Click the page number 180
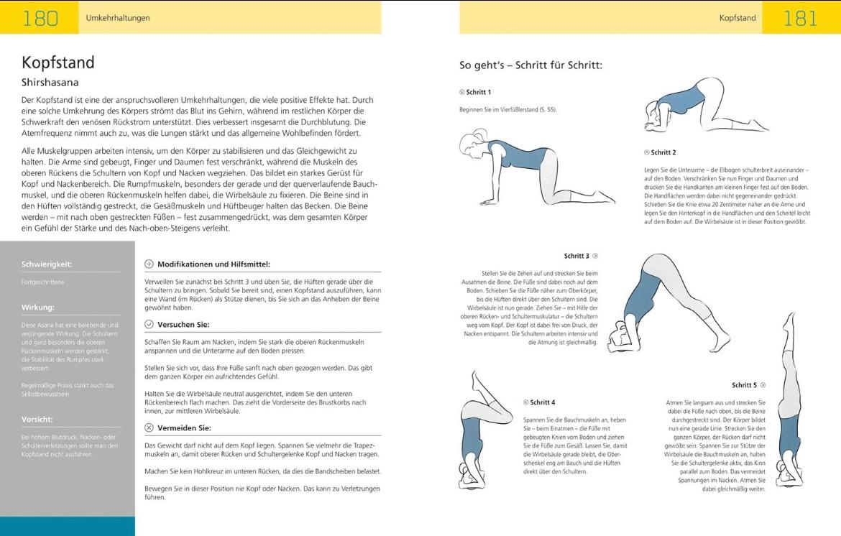pyautogui.click(x=40, y=17)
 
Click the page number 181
pyautogui.click(x=800, y=18)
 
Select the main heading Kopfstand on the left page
pyautogui.click(x=58, y=62)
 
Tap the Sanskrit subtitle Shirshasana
pyautogui.click(x=50, y=83)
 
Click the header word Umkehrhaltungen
pyautogui.click(x=118, y=18)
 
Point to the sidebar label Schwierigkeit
pyautogui.click(x=47, y=264)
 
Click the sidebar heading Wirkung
pyautogui.click(x=38, y=308)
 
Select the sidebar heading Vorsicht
pyautogui.click(x=38, y=419)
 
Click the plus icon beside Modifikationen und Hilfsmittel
pyautogui.click(x=149, y=264)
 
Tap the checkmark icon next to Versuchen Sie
pyautogui.click(x=149, y=324)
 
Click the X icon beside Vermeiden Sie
pyautogui.click(x=149, y=428)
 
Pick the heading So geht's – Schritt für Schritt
pyautogui.click(x=530, y=65)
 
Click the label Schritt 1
pyautogui.click(x=478, y=92)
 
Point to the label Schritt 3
pyautogui.click(x=576, y=256)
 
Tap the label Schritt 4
pyautogui.click(x=543, y=402)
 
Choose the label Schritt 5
pyautogui.click(x=745, y=385)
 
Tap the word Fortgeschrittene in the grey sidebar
pyautogui.click(x=43, y=282)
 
